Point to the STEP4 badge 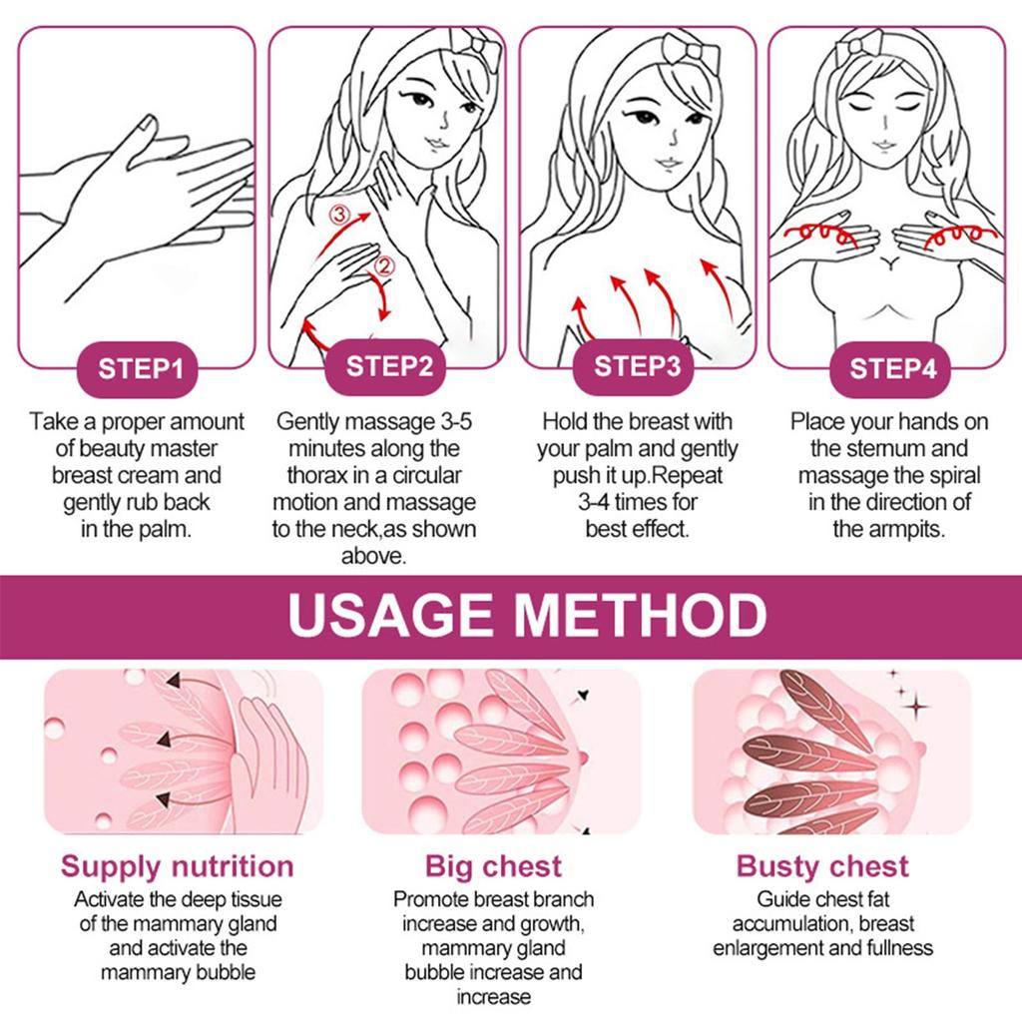890,369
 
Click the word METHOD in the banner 642,615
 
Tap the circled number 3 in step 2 339,215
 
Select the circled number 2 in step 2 384,265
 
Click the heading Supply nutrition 178,867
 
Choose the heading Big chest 493,867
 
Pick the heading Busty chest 822,867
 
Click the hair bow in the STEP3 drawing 691,52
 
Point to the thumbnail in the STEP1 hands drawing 150,124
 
